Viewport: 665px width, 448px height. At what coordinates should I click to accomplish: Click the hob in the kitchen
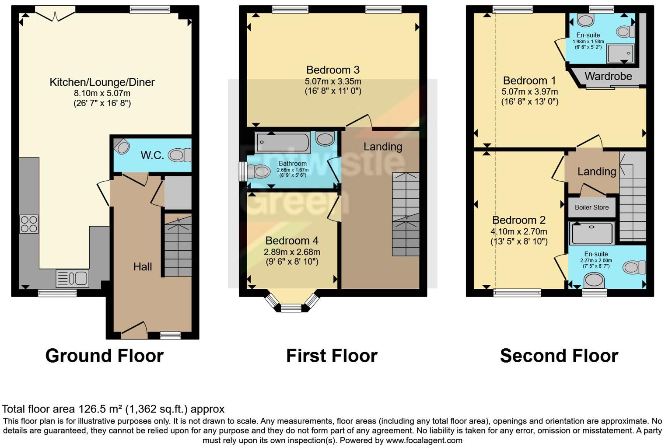tap(29, 224)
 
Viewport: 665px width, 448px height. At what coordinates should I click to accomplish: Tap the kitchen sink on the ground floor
tap(72, 278)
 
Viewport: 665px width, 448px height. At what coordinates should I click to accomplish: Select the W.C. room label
tap(152, 155)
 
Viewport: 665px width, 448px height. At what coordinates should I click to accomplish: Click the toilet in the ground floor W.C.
tap(179, 155)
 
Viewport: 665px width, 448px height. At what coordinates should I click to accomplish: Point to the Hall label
tap(143, 267)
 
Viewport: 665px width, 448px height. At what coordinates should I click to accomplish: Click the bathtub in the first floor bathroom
tap(283, 142)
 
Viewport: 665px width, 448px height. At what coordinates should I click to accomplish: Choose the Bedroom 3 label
tap(332, 70)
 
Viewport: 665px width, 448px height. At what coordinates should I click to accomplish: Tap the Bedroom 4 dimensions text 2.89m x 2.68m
tap(292, 252)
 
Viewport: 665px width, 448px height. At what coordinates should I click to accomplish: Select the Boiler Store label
tap(591, 207)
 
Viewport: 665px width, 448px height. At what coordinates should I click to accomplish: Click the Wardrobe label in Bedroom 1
tap(608, 77)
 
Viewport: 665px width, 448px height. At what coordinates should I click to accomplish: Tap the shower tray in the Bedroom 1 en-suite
tap(620, 53)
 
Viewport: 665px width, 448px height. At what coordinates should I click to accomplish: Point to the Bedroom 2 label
tap(519, 220)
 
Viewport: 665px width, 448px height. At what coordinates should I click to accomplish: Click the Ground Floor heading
tap(104, 356)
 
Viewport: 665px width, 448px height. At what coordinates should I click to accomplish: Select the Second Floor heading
tap(559, 356)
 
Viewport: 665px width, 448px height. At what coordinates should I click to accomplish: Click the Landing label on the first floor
tap(383, 147)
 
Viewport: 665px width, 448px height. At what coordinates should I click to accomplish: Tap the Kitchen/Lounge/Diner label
tap(102, 82)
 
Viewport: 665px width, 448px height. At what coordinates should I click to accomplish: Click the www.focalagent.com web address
tap(424, 440)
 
